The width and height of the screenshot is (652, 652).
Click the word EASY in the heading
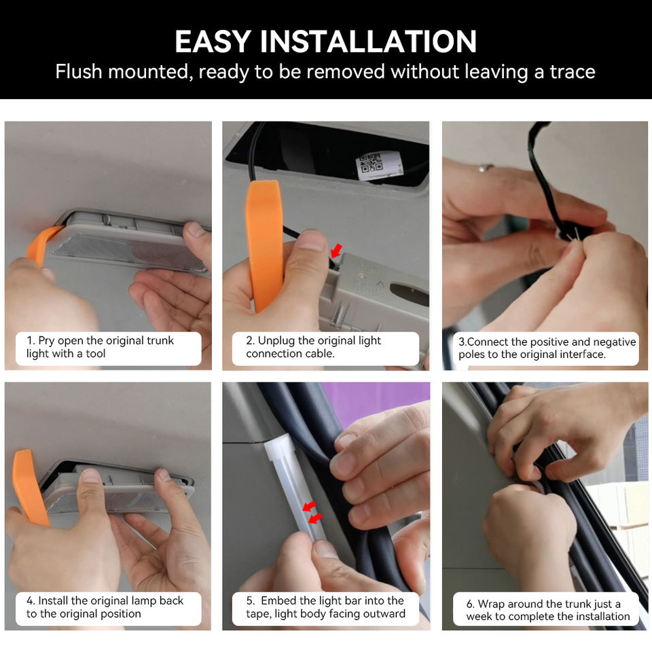coord(213,41)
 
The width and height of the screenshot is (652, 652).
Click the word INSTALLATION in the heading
coord(368,41)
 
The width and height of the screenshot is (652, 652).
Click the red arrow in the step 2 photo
coord(336,251)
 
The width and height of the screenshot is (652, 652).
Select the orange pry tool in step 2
coord(264,245)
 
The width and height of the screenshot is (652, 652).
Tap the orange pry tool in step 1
coord(41,245)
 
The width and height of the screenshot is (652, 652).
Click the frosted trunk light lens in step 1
coord(129,251)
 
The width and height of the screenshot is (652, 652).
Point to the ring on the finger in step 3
coord(485,168)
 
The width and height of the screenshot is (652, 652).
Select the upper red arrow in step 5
coord(309,506)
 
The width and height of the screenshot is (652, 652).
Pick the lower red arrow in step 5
coord(315,518)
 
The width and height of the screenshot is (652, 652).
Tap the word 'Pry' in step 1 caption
coord(46,341)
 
